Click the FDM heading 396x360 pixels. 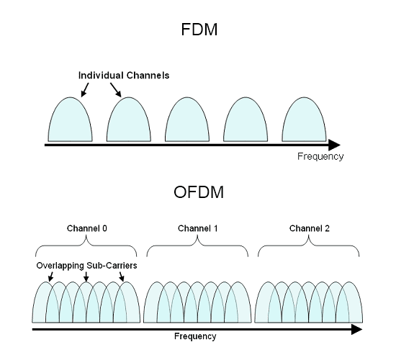199,30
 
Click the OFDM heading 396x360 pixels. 199,192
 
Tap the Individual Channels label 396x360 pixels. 124,76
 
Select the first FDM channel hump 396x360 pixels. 71,120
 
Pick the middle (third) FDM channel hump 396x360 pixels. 187,120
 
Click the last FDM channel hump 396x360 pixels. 304,120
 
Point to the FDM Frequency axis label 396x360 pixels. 320,156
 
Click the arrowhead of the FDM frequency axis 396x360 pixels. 334,145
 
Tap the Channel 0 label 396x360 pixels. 87,228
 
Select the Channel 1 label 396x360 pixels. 198,228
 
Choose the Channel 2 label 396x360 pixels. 310,228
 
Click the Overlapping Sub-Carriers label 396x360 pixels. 86,266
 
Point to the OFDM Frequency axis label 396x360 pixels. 195,336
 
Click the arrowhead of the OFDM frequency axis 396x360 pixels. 356,330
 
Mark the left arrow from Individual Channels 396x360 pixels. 85,90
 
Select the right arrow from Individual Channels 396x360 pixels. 116,90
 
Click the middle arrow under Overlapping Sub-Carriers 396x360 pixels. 86,277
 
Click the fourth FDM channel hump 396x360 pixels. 246,120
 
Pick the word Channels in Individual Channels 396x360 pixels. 148,76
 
